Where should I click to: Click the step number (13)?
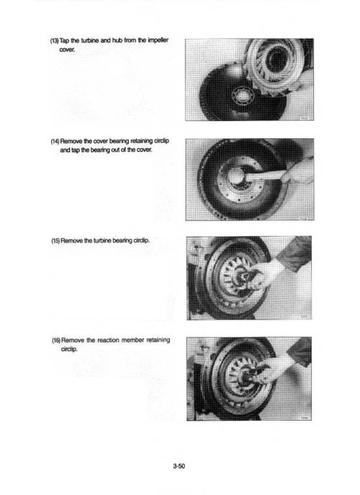click(x=55, y=41)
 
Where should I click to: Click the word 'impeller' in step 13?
click(x=158, y=40)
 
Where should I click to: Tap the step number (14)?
click(x=55, y=141)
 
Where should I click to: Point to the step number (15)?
click(x=55, y=240)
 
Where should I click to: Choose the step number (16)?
click(x=56, y=340)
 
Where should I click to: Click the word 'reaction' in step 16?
click(x=108, y=340)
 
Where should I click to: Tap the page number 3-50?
click(x=179, y=466)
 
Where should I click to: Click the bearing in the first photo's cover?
click(x=243, y=95)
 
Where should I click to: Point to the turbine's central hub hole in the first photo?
click(x=276, y=59)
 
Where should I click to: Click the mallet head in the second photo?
click(x=236, y=176)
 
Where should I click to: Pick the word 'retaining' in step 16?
click(x=158, y=340)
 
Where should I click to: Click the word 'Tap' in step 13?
click(x=64, y=41)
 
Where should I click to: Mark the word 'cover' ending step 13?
click(x=67, y=50)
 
